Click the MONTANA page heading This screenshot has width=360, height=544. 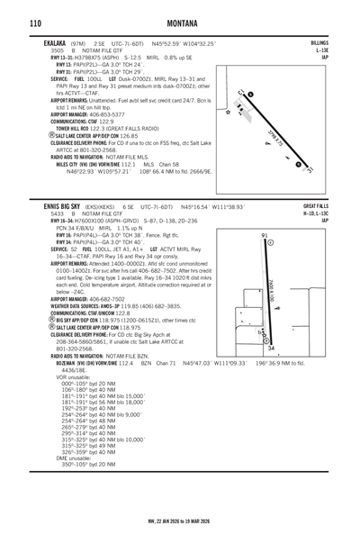[180, 23]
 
